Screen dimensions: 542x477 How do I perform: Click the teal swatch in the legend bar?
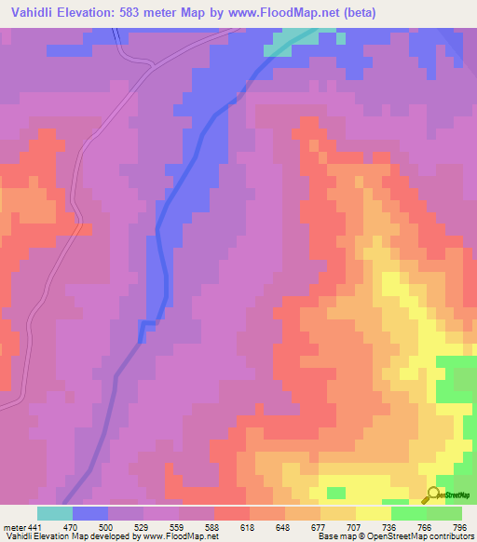(x=54, y=513)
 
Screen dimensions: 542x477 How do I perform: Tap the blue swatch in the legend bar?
(x=90, y=513)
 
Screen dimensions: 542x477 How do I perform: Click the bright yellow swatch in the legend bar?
(x=373, y=513)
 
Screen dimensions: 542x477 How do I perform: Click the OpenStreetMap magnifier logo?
(x=435, y=495)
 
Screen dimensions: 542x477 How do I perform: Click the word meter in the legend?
(x=13, y=526)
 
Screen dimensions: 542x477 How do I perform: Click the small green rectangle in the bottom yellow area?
(x=335, y=493)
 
